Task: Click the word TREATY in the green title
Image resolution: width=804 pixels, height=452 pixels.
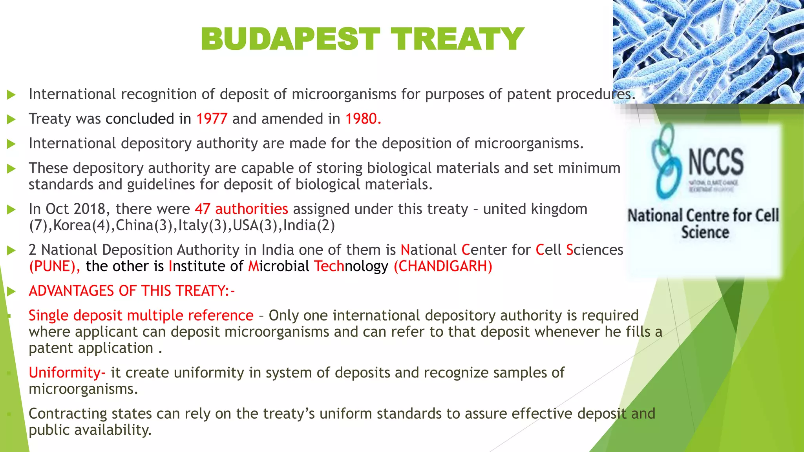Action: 457,39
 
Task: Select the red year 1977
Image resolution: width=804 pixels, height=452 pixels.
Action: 212,119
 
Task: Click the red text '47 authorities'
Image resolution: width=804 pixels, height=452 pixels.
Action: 241,209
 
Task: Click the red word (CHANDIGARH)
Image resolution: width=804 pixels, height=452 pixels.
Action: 443,266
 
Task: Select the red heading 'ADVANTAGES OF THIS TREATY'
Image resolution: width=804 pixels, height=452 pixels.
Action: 131,291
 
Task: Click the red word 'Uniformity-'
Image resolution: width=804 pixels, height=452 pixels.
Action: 67,373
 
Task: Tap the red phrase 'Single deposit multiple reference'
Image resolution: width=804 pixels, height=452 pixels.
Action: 141,316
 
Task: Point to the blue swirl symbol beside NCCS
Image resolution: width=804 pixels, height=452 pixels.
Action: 666,161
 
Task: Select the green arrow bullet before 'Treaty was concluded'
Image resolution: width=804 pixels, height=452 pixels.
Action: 11,119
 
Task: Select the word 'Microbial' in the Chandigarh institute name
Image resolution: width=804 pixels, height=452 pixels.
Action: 278,266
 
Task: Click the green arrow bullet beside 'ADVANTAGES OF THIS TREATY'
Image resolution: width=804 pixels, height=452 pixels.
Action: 11,292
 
